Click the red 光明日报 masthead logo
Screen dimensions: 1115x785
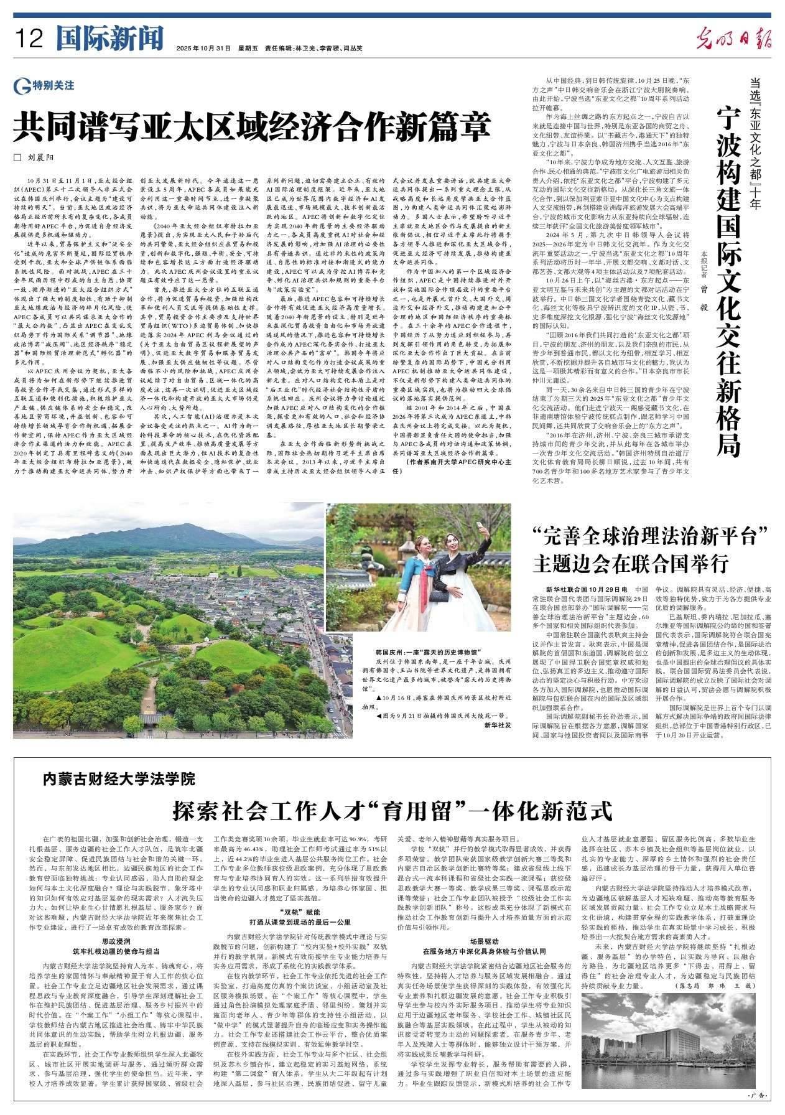734,38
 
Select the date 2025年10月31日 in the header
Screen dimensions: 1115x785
203,48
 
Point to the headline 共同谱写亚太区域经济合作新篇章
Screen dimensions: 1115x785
253,127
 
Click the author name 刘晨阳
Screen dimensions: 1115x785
42,158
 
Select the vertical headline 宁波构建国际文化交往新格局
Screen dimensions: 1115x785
728,280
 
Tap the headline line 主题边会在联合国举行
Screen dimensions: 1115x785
629,564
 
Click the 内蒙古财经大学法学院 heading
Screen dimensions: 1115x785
119,778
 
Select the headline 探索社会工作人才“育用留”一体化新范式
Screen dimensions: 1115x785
392,811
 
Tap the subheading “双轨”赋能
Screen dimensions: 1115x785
301,912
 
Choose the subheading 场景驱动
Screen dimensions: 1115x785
483,941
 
